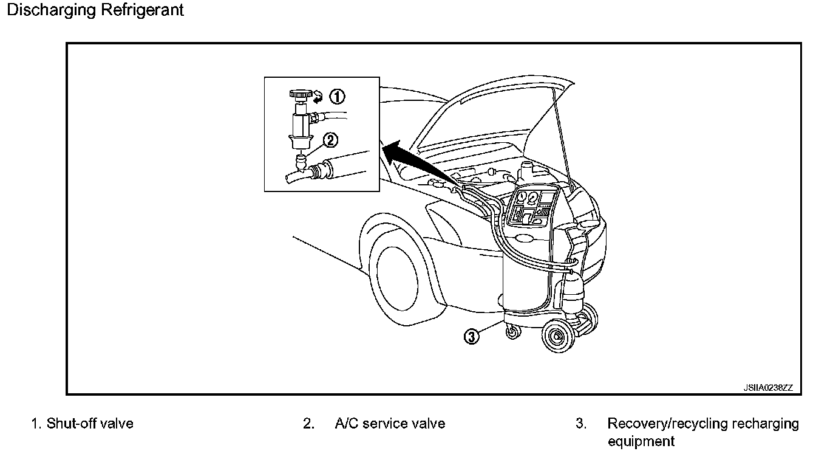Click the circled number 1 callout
pos(337,97)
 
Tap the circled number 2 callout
pos(330,140)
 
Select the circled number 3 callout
pos(471,337)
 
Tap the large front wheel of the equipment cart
pos(558,336)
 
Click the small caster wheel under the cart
pos(513,332)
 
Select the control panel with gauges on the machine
pos(532,207)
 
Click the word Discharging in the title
pos(51,10)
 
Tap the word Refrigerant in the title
pos(142,10)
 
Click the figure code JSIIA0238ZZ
pos(768,388)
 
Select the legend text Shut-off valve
pos(90,424)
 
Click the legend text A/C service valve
pos(390,424)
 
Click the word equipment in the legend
pos(641,441)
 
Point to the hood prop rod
pos(562,137)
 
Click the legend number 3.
pos(580,424)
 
